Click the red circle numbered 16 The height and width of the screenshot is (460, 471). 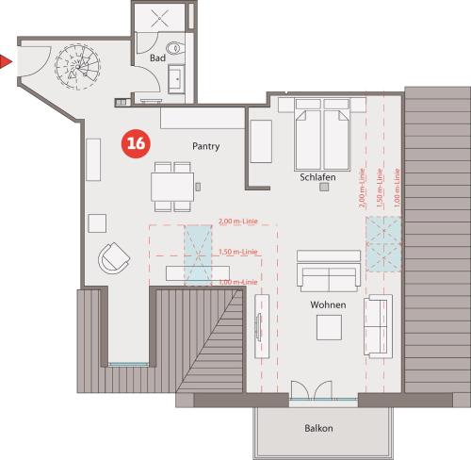136,143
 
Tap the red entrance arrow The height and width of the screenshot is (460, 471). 6,61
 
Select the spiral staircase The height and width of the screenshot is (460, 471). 77,67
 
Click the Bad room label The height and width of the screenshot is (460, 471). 157,57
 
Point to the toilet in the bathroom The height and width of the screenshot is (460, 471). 175,48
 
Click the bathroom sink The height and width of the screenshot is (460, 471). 176,79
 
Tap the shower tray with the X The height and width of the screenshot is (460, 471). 159,18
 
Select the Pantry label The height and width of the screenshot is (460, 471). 205,146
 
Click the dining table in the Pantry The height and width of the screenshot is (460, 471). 172,187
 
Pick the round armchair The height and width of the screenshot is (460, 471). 114,258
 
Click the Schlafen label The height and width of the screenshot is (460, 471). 317,177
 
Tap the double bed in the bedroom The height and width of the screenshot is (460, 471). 322,135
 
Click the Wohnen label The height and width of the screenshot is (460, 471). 328,304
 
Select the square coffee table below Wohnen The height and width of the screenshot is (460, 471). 329,327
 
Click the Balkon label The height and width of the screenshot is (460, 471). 318,428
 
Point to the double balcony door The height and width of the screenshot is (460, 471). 311,390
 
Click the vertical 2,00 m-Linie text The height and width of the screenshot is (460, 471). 362,188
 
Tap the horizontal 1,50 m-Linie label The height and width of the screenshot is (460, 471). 238,252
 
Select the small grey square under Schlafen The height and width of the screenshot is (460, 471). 324,187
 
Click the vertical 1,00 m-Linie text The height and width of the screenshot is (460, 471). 398,188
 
